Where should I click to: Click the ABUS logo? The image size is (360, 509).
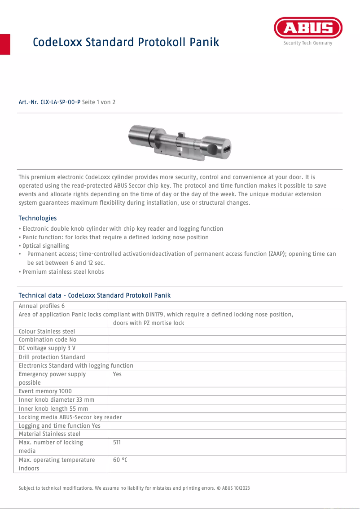(x=308, y=29)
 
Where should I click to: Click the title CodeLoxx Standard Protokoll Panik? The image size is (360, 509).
(x=126, y=42)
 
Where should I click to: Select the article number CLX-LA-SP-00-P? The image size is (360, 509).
(x=60, y=102)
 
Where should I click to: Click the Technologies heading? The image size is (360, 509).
(x=38, y=218)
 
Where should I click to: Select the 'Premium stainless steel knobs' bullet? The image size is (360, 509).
(x=63, y=272)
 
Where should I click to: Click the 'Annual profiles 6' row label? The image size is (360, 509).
(x=42, y=306)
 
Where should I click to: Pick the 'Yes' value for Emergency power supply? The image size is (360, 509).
(x=117, y=374)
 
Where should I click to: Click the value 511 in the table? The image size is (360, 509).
(x=117, y=442)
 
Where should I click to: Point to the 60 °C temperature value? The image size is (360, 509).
(x=120, y=460)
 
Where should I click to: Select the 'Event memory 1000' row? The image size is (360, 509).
(x=45, y=391)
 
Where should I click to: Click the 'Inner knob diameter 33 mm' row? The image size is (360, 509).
(x=57, y=399)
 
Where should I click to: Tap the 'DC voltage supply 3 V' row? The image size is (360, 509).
(x=47, y=348)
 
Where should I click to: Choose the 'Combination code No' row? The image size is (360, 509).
(x=48, y=339)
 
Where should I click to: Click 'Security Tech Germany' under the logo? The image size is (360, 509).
(x=308, y=43)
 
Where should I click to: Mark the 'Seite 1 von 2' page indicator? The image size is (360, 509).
(x=99, y=102)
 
